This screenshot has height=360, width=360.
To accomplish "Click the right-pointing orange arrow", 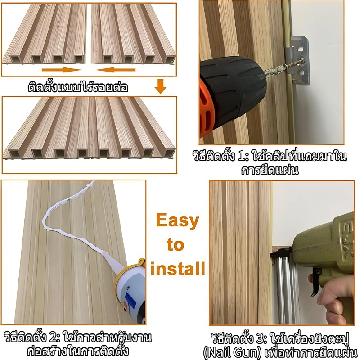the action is point(62,70).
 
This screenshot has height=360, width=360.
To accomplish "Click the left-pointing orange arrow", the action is point(115,70).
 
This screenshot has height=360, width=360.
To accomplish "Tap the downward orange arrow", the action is point(161,86).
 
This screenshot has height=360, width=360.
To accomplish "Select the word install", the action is point(178,268).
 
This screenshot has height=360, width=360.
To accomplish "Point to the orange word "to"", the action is point(175,245).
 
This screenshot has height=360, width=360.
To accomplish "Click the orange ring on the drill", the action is point(206,108).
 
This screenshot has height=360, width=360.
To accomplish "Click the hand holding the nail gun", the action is point(336,298).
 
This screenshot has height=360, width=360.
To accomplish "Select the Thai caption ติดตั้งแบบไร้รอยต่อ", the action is point(78,87).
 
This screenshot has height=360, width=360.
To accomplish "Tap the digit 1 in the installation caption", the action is point(242,156).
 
